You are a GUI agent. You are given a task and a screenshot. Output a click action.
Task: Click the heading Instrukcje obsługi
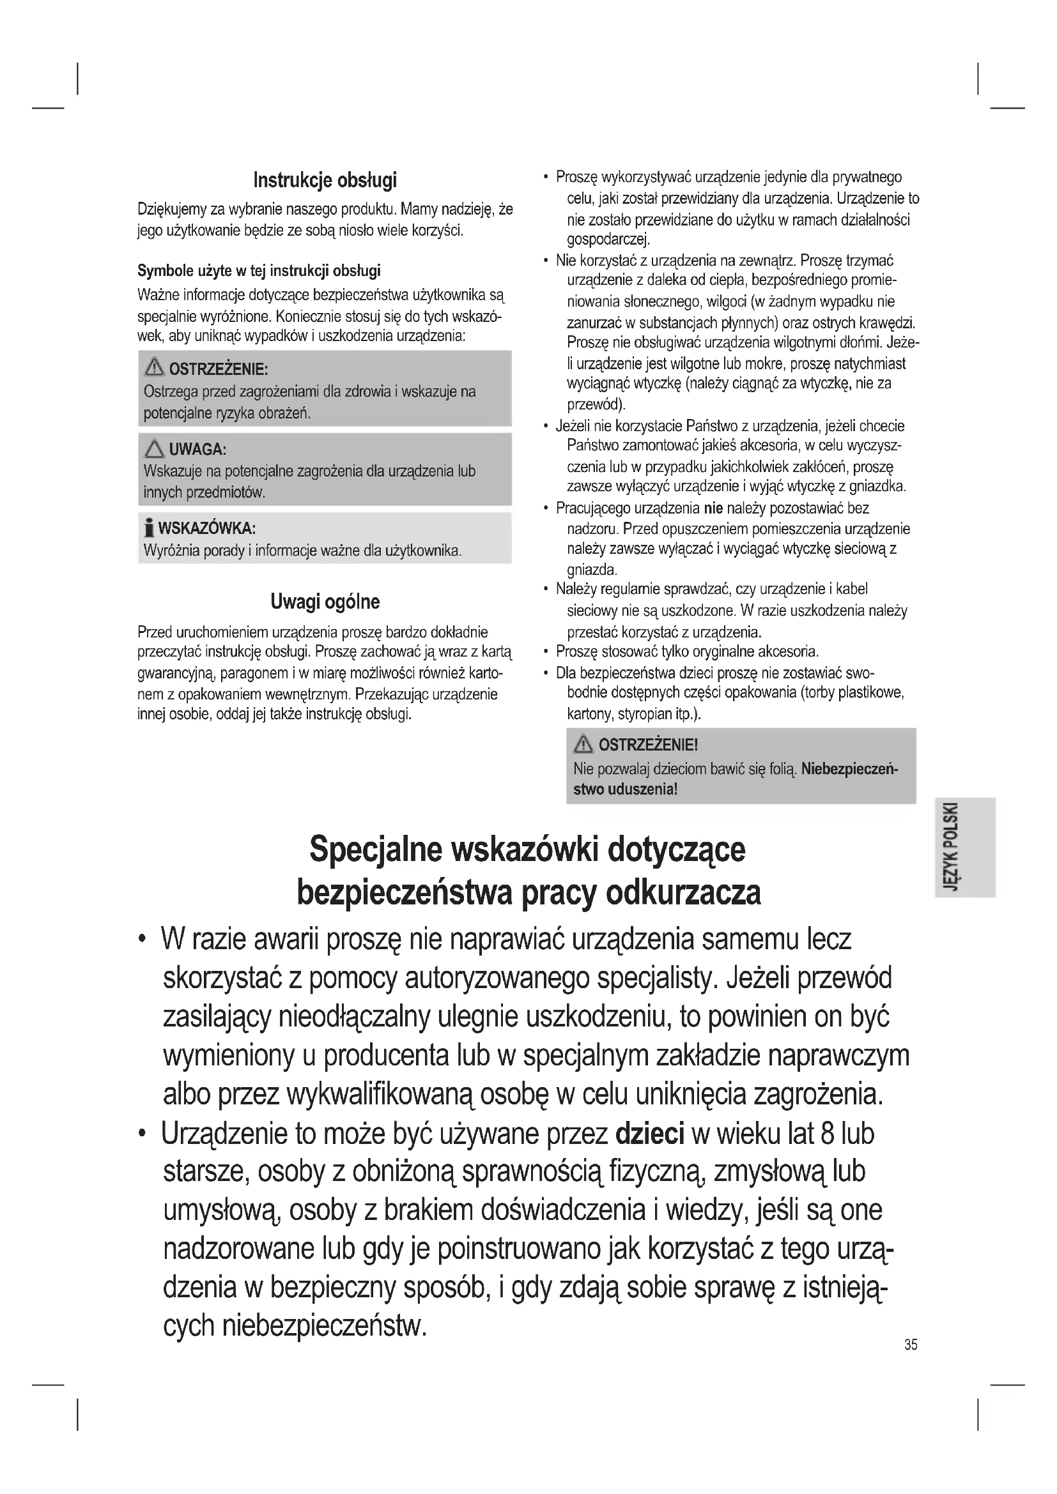click(325, 180)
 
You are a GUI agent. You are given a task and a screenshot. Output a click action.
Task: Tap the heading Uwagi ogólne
click(325, 602)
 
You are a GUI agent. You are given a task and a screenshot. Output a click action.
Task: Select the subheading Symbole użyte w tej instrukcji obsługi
click(259, 271)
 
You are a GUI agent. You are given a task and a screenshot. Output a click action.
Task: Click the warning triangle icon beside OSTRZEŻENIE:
click(154, 369)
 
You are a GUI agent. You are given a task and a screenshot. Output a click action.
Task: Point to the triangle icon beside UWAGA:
click(154, 448)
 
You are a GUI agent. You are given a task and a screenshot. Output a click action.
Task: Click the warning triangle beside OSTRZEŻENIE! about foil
click(583, 743)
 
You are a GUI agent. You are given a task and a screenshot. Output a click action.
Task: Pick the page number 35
click(911, 1345)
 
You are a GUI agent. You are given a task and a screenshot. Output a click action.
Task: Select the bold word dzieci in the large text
click(649, 1134)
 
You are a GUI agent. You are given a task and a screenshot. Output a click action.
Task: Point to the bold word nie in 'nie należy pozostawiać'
click(713, 508)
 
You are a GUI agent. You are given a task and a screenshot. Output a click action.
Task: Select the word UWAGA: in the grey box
click(197, 450)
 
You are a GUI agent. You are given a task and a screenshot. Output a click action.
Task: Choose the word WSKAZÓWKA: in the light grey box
click(207, 527)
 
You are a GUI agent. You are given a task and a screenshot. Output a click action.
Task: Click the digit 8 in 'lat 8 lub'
click(827, 1134)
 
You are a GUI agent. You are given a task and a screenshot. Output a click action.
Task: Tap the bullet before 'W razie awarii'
click(141, 940)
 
